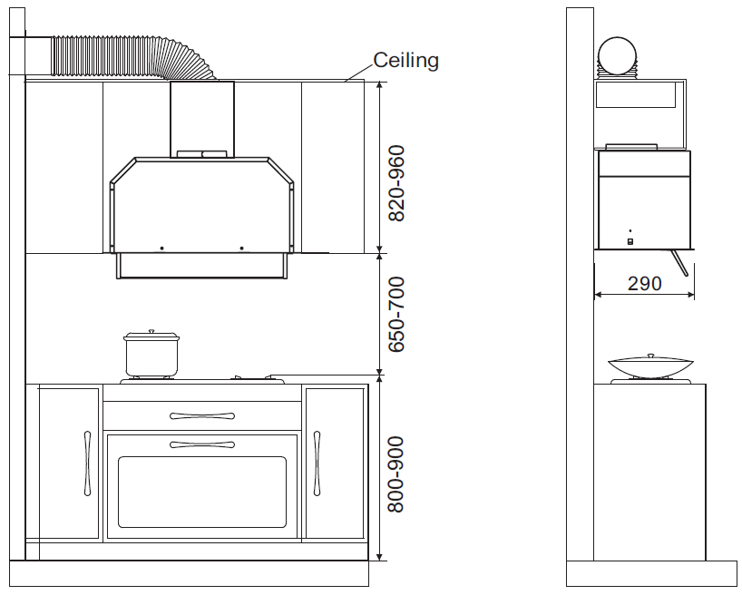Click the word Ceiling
tap(405, 61)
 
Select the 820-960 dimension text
tap(396, 183)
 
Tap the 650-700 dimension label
tap(396, 315)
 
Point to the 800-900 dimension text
tap(396, 474)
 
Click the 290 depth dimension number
tap(644, 284)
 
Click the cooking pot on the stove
tap(151, 354)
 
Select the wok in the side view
tap(650, 366)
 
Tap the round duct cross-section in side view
tap(618, 56)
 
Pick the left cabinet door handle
tap(87, 463)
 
